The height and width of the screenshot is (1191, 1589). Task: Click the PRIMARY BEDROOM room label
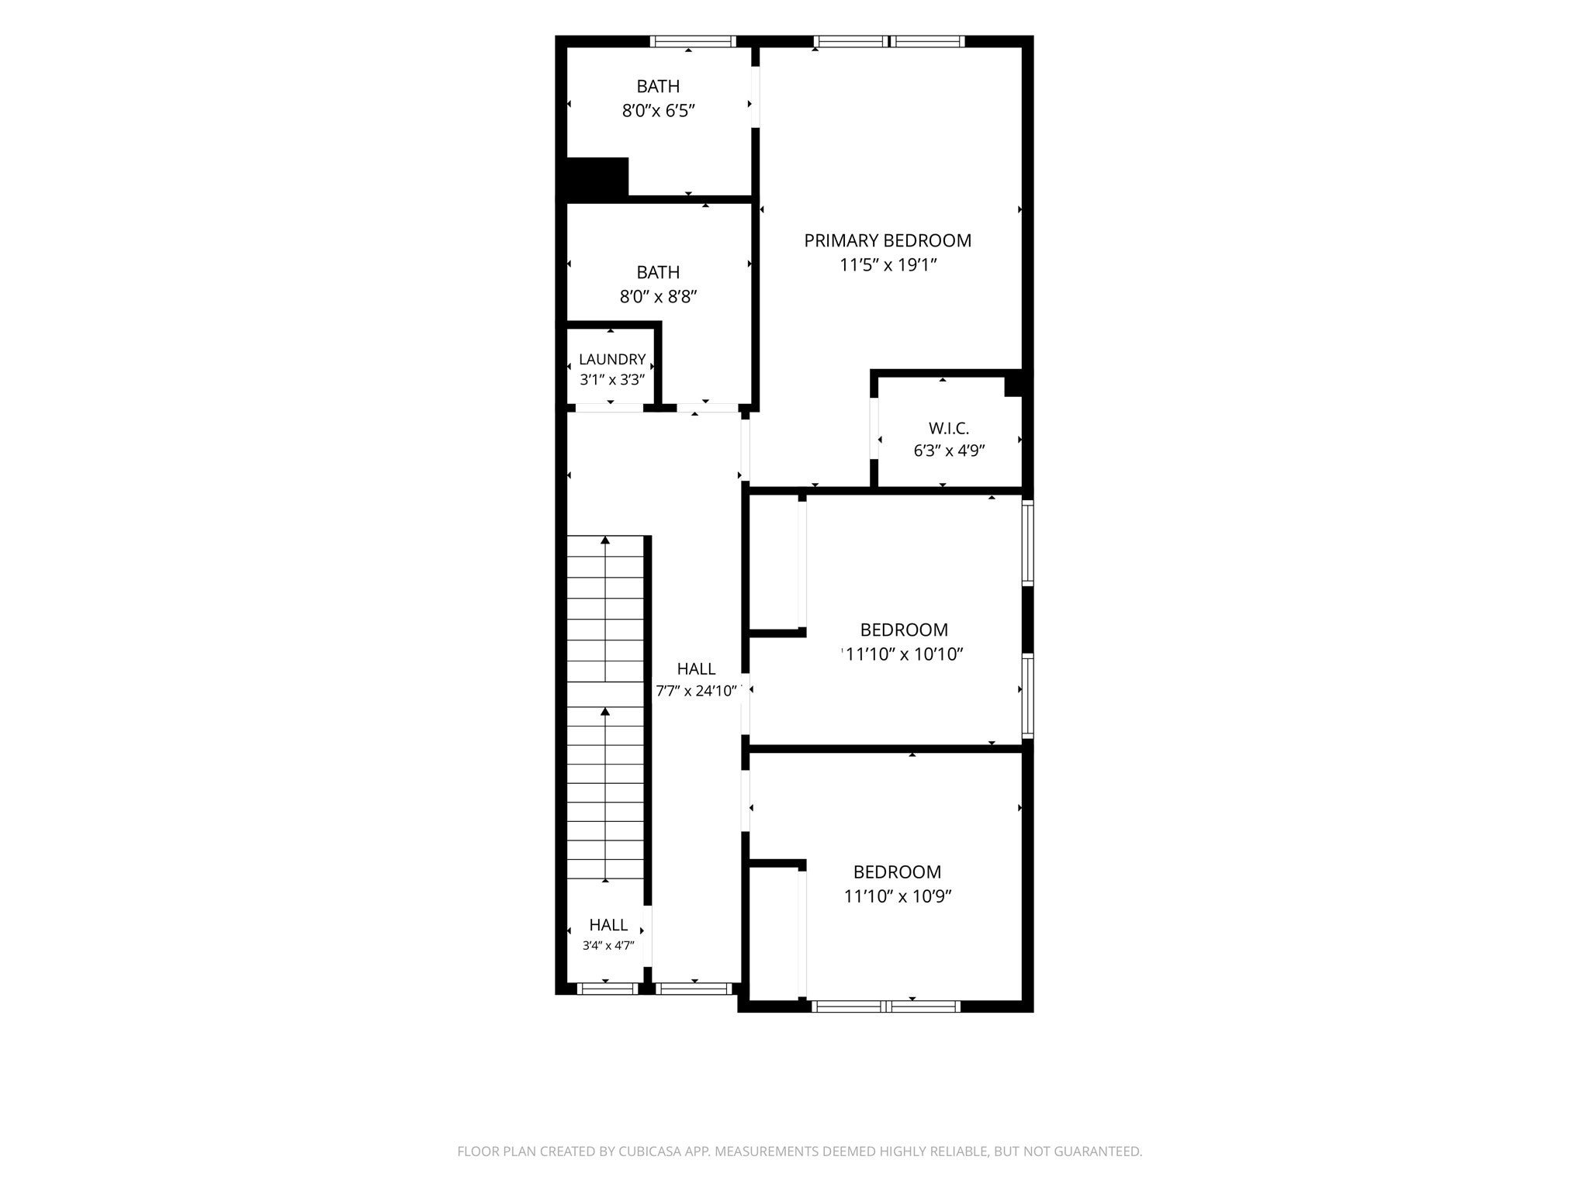[888, 240]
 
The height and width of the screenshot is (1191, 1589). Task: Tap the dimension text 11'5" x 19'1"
[889, 265]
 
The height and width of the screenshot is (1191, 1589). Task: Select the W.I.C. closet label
[949, 428]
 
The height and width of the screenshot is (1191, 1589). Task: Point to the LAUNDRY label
[612, 359]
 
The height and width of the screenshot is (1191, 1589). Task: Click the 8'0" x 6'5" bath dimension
[658, 111]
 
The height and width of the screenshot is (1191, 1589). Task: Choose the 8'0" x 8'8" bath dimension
[659, 297]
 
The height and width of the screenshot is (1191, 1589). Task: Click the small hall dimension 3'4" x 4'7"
[609, 945]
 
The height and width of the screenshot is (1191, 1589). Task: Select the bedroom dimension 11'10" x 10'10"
[904, 654]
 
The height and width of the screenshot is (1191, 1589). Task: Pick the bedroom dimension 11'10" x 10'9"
[898, 896]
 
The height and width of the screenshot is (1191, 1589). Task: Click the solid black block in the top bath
[597, 177]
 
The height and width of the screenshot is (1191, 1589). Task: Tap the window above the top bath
[693, 41]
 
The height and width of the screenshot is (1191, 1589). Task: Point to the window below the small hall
[608, 988]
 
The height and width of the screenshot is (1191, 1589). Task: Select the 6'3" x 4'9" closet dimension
[950, 451]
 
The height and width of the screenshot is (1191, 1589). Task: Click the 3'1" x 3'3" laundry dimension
[612, 380]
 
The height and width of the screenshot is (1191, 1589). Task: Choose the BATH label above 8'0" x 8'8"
[658, 272]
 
